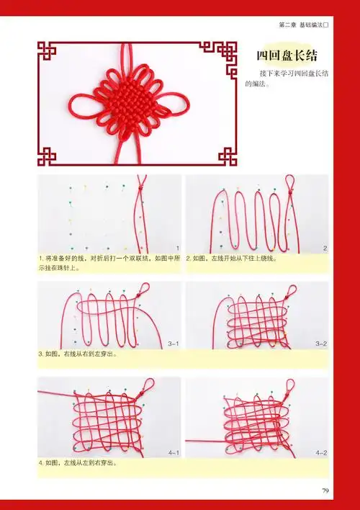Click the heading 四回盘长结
[x=287, y=56]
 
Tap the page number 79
[x=325, y=492]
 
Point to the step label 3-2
[x=321, y=344]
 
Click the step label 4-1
[x=173, y=452]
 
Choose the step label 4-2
[x=321, y=452]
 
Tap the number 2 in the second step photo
[x=325, y=248]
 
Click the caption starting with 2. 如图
[x=231, y=257]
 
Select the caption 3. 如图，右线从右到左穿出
[x=78, y=354]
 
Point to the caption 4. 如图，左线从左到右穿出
[x=78, y=463]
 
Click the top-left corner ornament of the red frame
[x=48, y=51]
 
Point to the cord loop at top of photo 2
[x=291, y=184]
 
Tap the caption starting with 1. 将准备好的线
[x=109, y=261]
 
